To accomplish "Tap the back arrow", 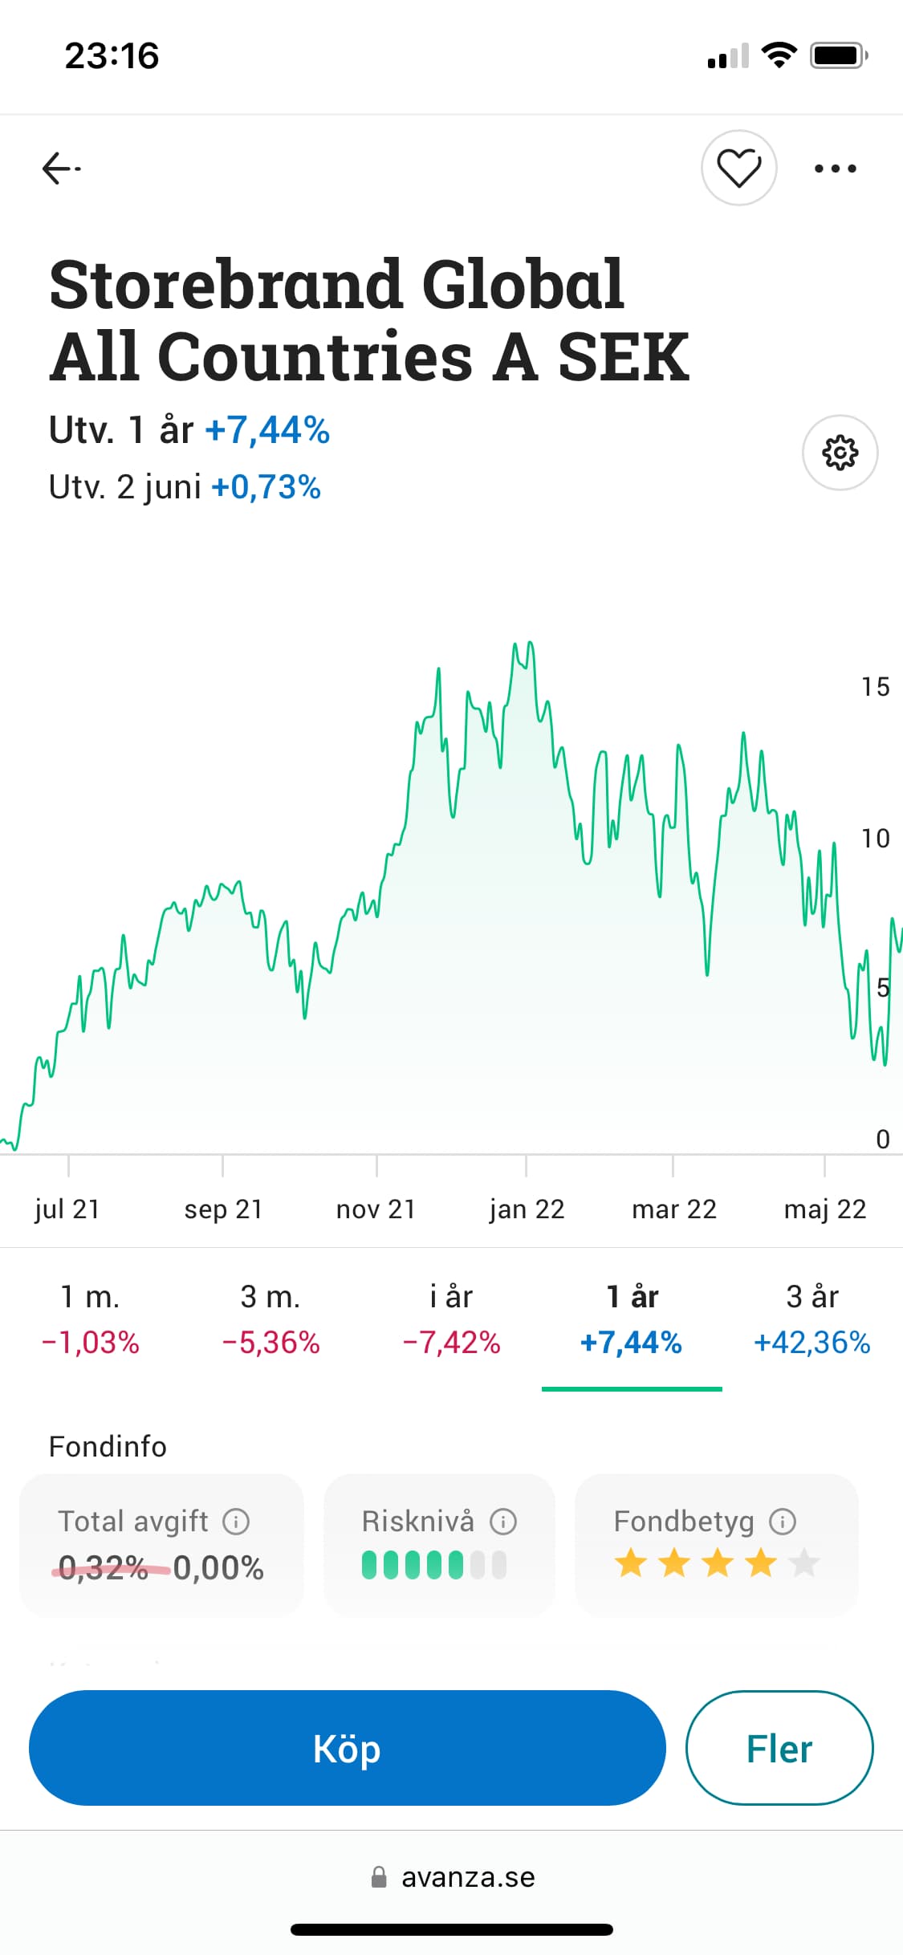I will click(60, 169).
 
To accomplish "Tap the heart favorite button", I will click(738, 168).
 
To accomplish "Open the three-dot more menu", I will click(835, 169).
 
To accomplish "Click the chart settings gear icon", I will click(840, 453).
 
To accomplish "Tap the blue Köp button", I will click(347, 1749).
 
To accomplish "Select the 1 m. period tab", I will click(90, 1319).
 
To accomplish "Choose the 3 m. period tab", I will click(270, 1319).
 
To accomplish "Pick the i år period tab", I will click(451, 1319).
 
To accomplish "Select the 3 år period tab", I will click(811, 1319).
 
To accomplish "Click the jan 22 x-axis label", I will click(527, 1209).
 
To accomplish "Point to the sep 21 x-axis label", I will click(223, 1209).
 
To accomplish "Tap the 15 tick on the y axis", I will click(875, 687).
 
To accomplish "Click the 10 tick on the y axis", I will click(875, 839).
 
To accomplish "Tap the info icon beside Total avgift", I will click(236, 1521).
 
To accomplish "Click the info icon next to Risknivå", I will click(503, 1521).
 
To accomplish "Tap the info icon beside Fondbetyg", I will click(783, 1521).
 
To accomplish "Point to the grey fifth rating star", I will click(803, 1563).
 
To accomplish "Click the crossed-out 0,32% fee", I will click(104, 1567).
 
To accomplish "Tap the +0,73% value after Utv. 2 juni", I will click(266, 487).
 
